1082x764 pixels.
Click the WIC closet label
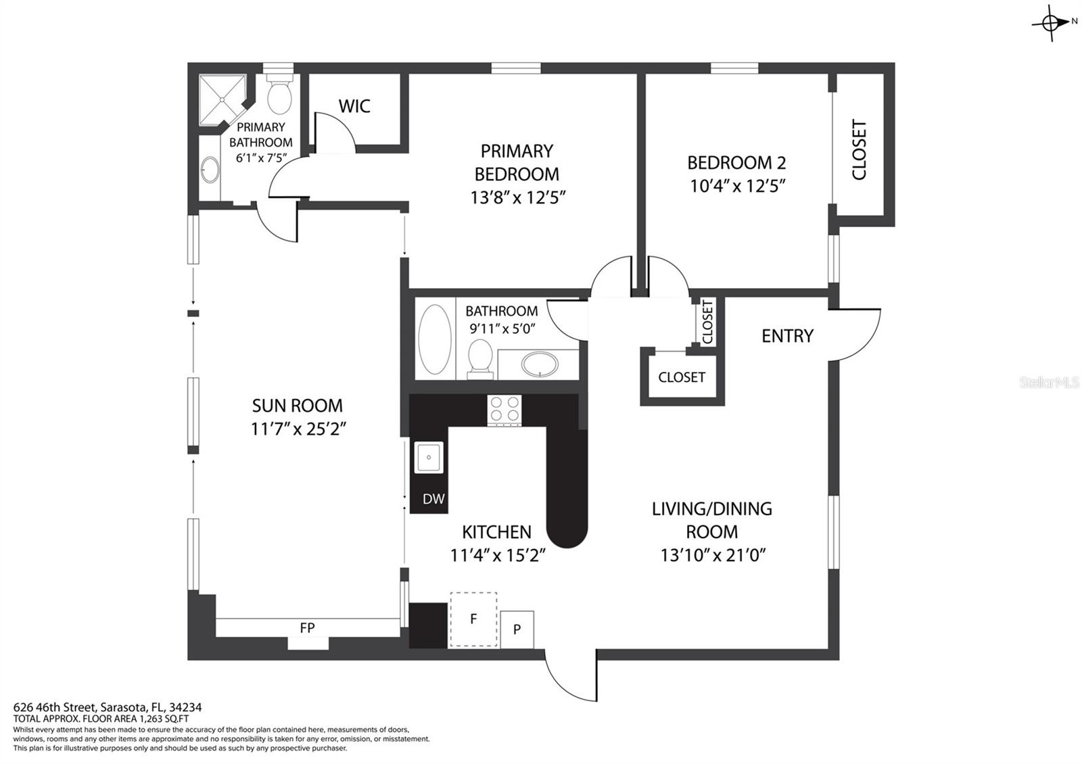pyautogui.click(x=354, y=106)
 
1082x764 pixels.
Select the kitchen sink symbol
pyautogui.click(x=428, y=458)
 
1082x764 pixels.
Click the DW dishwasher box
pyautogui.click(x=433, y=499)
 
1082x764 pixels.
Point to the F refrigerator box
pyautogui.click(x=473, y=619)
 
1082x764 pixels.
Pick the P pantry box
pyautogui.click(x=517, y=629)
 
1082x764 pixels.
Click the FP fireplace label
pyautogui.click(x=307, y=628)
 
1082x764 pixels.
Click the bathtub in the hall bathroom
pyautogui.click(x=435, y=340)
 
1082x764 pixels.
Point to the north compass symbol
pyautogui.click(x=1052, y=23)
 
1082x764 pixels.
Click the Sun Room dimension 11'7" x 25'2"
pyautogui.click(x=298, y=429)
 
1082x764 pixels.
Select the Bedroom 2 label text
pyautogui.click(x=736, y=163)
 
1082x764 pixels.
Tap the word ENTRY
pyautogui.click(x=787, y=336)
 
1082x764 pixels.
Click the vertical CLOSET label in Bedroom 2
pyautogui.click(x=859, y=149)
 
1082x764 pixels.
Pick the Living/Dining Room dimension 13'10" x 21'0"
pyautogui.click(x=712, y=555)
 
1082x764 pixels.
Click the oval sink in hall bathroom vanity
pyautogui.click(x=540, y=364)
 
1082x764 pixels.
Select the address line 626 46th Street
pyautogui.click(x=107, y=707)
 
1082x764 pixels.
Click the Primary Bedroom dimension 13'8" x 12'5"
pyautogui.click(x=517, y=197)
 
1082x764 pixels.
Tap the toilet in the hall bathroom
pyautogui.click(x=480, y=357)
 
